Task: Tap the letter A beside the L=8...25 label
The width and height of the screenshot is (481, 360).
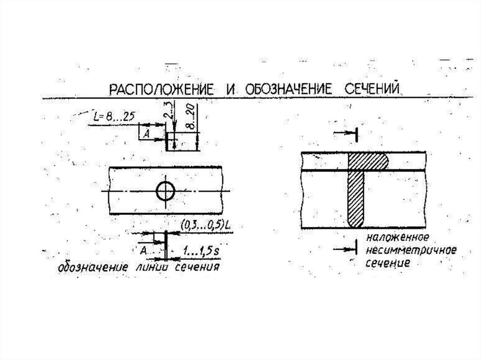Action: (x=146, y=134)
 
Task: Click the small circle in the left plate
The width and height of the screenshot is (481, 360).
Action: (x=165, y=191)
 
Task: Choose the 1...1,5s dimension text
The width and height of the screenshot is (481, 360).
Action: (x=201, y=252)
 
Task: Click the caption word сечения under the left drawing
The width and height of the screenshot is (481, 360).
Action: (x=197, y=268)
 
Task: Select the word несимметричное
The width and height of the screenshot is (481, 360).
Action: (x=412, y=250)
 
